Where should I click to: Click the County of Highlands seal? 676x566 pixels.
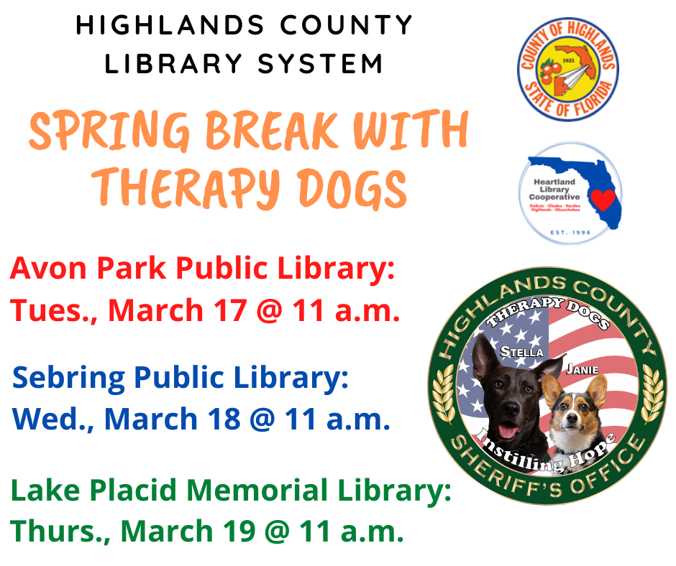point(567,69)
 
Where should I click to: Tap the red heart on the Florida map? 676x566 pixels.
point(604,199)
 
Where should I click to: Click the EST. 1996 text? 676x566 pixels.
point(567,232)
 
